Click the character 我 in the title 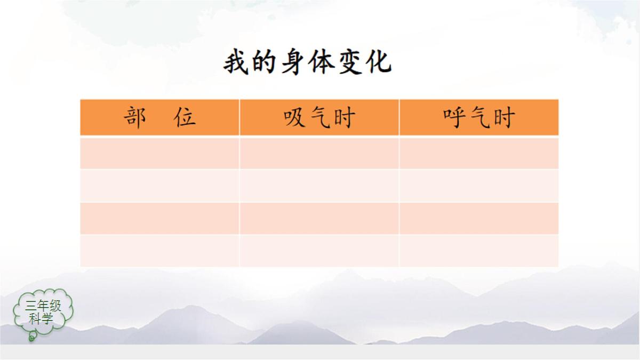tap(236, 63)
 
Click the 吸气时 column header tap(319, 117)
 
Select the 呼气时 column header tap(479, 117)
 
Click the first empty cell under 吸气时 tap(319, 153)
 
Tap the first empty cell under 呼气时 tap(479, 153)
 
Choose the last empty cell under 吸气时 tap(319, 250)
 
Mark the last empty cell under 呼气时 tap(479, 250)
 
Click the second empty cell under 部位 tap(160, 186)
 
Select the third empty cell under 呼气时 tap(479, 218)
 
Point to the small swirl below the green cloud tap(32, 337)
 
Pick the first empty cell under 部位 tap(160, 153)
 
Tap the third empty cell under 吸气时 tap(319, 218)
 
